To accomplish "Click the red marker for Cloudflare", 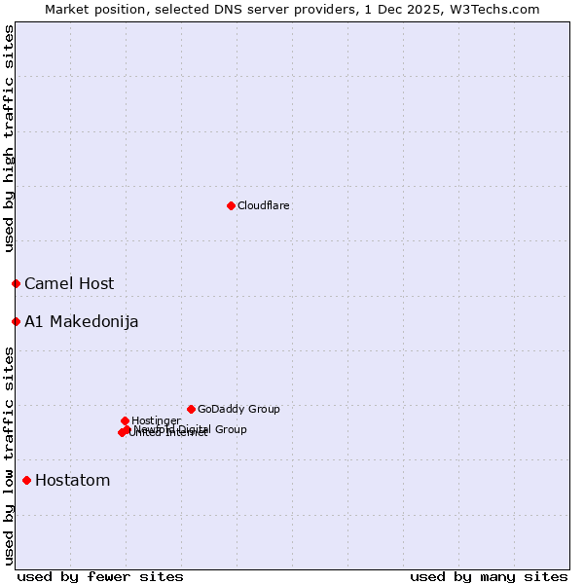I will pos(231,205).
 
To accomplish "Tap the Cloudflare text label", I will pos(263,206).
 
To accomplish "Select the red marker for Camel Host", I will pos(16,283).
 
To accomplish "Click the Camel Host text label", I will pos(69,284).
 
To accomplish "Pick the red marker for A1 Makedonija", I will pos(16,321).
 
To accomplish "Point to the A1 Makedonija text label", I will pos(81,322).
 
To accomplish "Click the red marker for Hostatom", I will pos(26,480).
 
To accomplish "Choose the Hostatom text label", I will pos(72,481).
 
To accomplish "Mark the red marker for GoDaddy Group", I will pos(191,409).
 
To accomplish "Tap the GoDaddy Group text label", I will pos(238,410).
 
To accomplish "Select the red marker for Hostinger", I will pos(125,420).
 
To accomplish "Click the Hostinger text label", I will pos(156,420).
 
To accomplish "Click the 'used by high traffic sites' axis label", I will pos(10,138).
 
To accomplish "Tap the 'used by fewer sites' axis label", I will pos(100,576).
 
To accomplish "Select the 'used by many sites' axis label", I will pos(489,576).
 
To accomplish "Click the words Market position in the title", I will pos(93,10).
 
